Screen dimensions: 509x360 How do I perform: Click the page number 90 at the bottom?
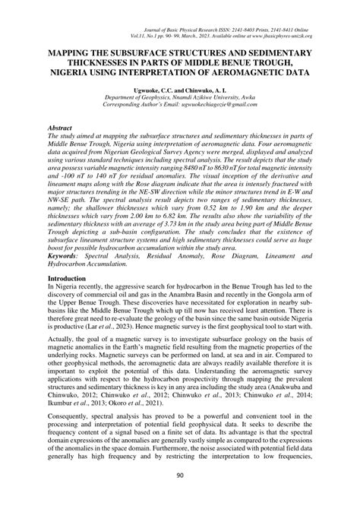pyautogui.click(x=180, y=497)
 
